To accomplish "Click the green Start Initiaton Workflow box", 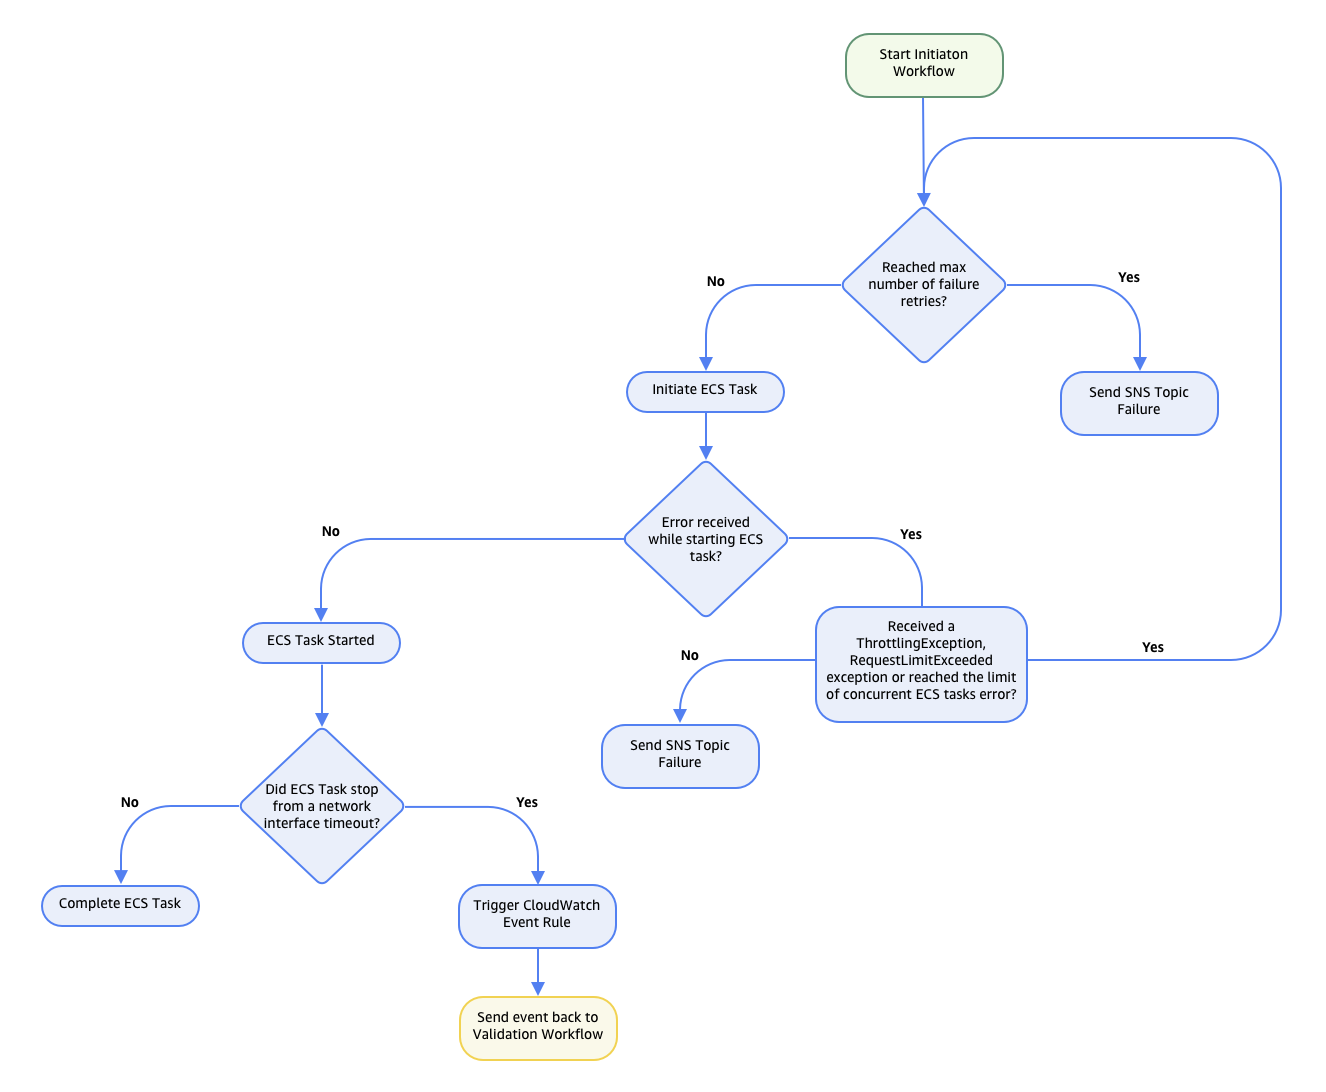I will (x=924, y=65).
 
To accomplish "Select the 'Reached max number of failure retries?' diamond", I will (x=924, y=285).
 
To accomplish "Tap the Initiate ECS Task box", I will (x=705, y=391).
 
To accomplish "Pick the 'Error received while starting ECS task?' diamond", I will (x=706, y=539).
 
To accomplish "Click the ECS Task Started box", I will (x=321, y=642).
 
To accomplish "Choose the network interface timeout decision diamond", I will (x=322, y=806).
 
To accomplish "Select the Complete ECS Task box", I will (x=120, y=905).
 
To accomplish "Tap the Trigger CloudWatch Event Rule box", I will (x=537, y=915).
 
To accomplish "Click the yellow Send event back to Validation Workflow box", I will (x=538, y=1027).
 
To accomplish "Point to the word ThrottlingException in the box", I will (x=921, y=644).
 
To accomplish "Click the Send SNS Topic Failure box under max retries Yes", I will (x=1139, y=403).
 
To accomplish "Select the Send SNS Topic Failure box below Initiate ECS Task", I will (x=680, y=755).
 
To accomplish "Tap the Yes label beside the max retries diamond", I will (x=1129, y=278).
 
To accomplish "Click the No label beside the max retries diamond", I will (x=716, y=282).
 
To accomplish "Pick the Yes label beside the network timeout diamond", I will (x=527, y=803).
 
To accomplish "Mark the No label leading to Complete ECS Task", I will (x=130, y=803).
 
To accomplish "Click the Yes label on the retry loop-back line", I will (x=1153, y=648).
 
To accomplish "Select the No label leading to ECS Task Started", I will (x=331, y=532).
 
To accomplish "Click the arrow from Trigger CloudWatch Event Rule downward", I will (x=538, y=972).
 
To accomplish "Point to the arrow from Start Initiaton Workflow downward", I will (x=923, y=150).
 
